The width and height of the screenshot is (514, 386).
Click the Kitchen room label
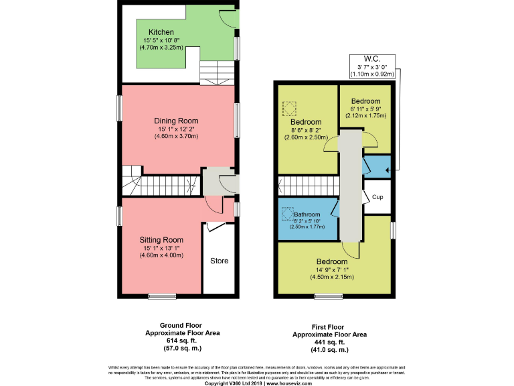(x=161, y=32)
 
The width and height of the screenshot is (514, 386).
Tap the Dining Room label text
(x=178, y=121)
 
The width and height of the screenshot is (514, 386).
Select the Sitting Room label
(x=161, y=239)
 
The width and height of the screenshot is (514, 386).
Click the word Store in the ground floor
(x=219, y=260)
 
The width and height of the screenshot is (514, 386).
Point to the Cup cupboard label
(x=377, y=197)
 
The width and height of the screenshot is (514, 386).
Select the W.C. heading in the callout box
(x=371, y=58)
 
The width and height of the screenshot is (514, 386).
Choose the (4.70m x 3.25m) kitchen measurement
(x=161, y=48)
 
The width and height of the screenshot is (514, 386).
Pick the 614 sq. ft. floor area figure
(x=173, y=340)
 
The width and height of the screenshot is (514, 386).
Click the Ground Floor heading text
(x=173, y=324)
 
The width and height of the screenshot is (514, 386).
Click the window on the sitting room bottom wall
(x=160, y=296)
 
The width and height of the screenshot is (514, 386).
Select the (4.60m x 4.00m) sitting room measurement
(x=161, y=255)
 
